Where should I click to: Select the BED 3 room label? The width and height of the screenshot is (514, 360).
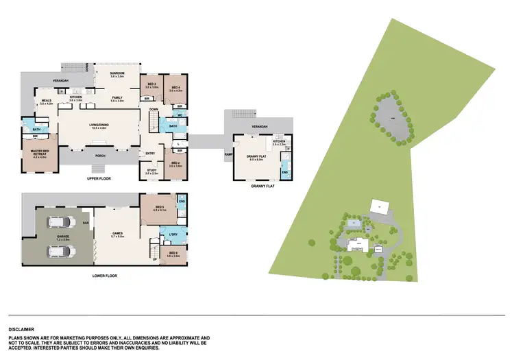click(x=151, y=86)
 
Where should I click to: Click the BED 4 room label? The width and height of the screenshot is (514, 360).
click(x=175, y=87)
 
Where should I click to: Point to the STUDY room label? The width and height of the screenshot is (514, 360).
click(x=151, y=172)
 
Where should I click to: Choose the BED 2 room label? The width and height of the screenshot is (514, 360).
click(x=176, y=165)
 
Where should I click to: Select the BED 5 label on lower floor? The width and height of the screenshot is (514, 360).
click(x=160, y=208)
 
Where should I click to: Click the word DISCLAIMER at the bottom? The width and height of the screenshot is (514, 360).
click(x=21, y=329)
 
